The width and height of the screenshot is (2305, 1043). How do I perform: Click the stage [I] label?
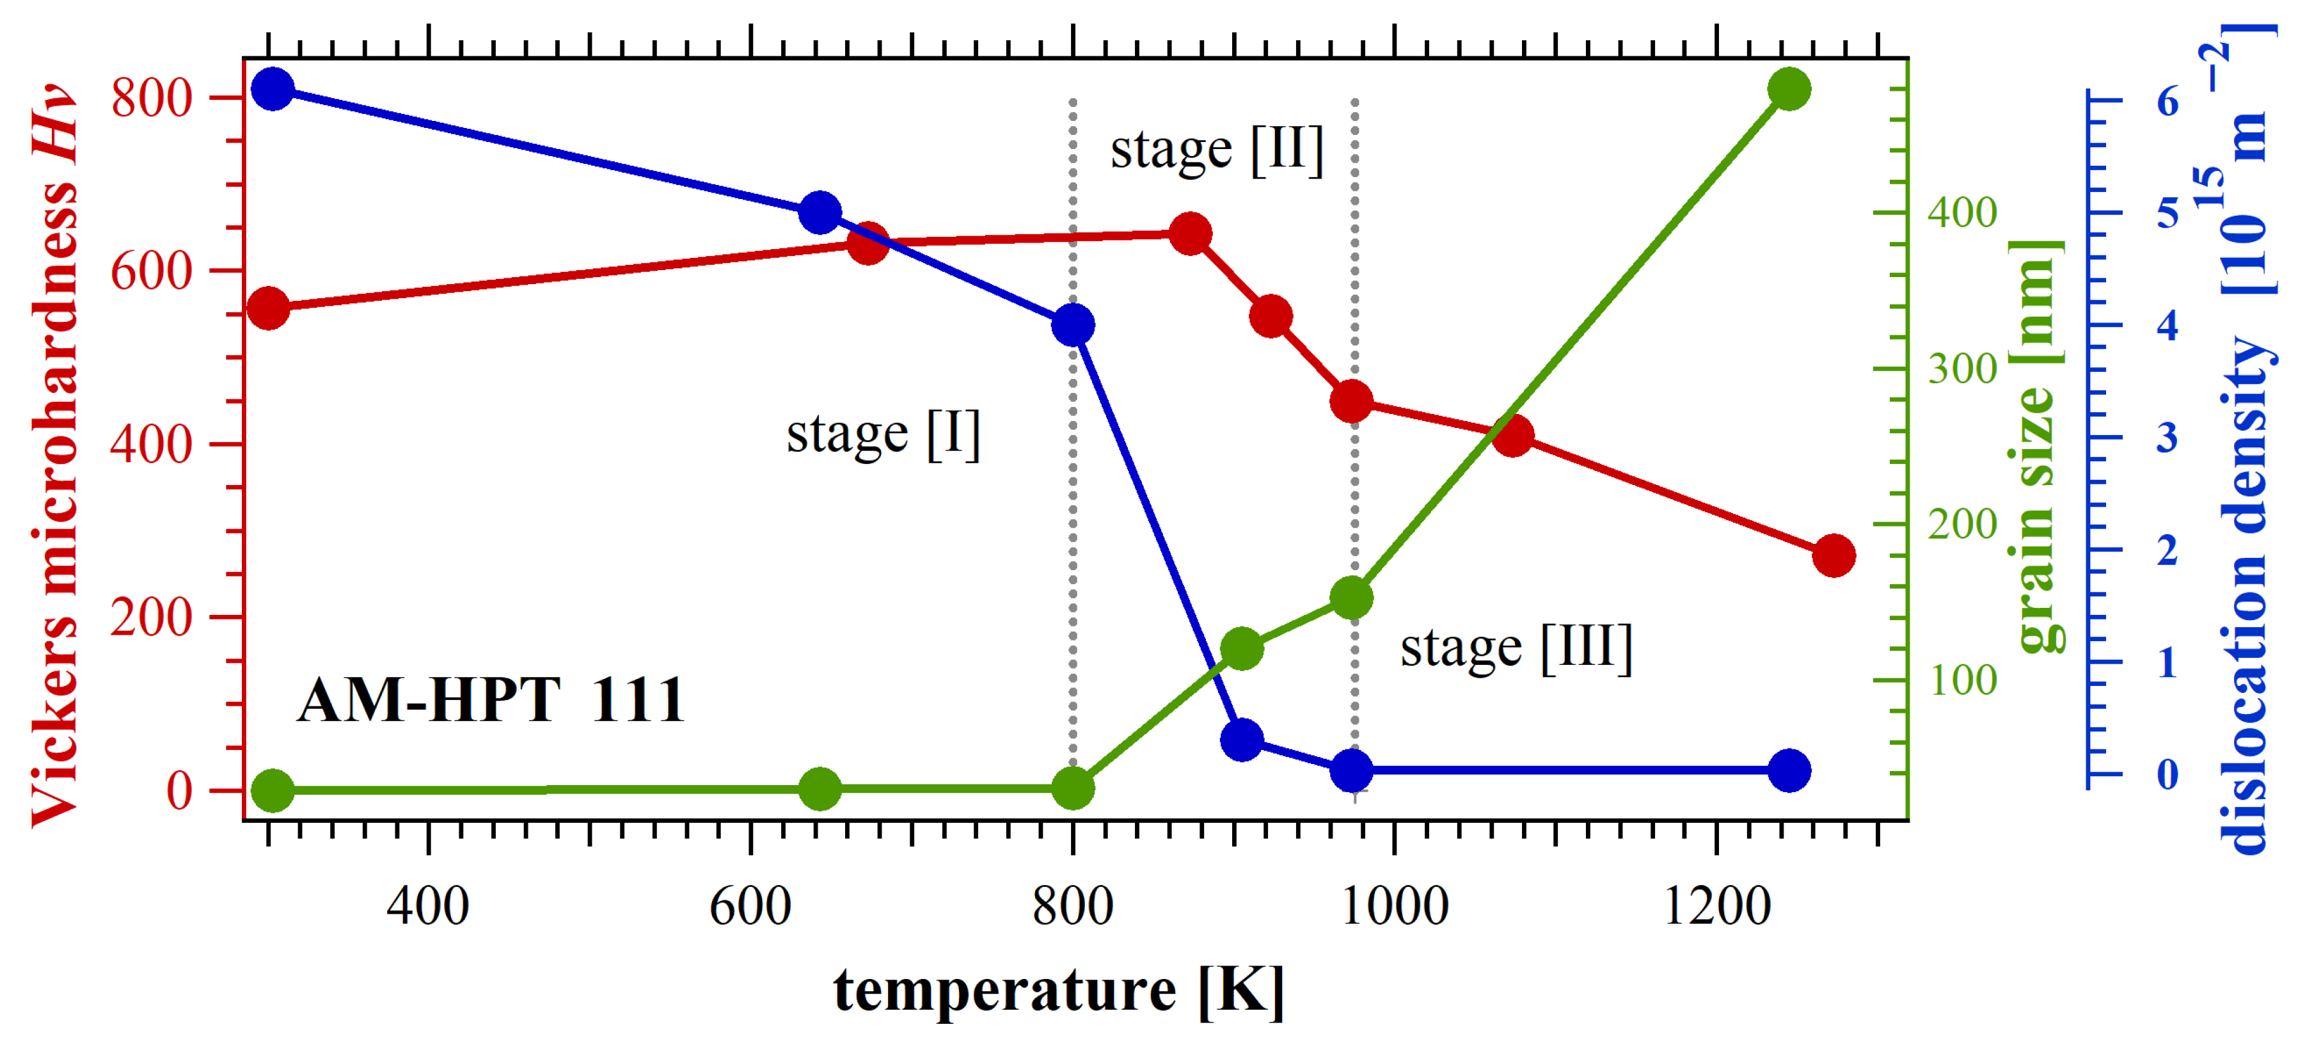tap(883, 435)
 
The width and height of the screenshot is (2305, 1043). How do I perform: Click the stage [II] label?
tap(1216, 150)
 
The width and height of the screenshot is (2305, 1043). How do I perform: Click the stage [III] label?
tap(1516, 648)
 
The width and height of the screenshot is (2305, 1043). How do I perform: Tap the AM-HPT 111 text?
tap(491, 700)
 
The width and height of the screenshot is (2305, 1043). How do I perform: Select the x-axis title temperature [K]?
tap(1059, 990)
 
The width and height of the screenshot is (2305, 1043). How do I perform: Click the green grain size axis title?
tap(2036, 446)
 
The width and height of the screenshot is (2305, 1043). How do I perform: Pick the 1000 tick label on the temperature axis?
tap(1394, 906)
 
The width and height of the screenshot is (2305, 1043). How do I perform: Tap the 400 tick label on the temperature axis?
tap(428, 906)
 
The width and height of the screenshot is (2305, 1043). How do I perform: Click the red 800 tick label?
tap(152, 99)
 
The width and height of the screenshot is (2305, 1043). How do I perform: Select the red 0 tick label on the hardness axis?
tap(179, 792)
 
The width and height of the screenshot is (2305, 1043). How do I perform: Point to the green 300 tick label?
tap(1962, 369)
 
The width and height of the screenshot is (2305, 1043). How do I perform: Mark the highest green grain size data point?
tap(1789, 90)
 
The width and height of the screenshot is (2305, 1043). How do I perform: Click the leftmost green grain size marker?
tap(273, 790)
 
